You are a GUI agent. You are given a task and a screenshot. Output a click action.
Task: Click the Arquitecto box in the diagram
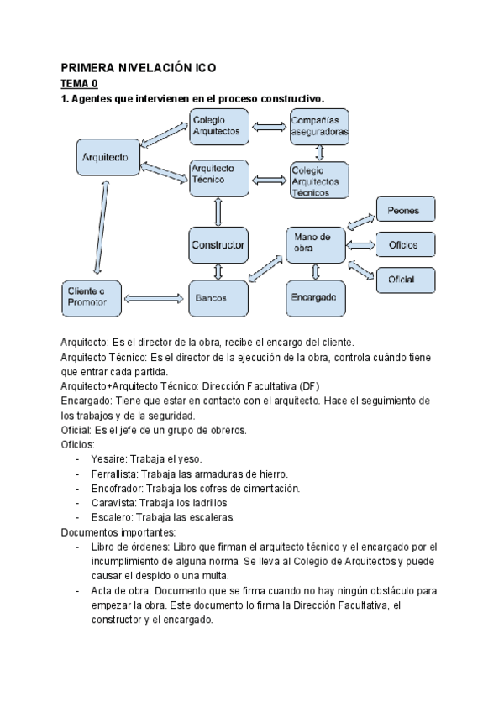click(105, 157)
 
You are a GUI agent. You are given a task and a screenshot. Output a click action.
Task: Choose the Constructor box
click(218, 245)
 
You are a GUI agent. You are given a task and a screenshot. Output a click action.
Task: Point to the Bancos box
click(218, 297)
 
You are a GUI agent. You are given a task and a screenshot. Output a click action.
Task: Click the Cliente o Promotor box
click(92, 297)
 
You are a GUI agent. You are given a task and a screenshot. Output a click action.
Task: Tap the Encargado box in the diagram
click(316, 297)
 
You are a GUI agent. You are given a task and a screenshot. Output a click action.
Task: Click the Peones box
click(405, 211)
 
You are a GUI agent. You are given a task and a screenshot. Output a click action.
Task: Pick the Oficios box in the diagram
click(405, 244)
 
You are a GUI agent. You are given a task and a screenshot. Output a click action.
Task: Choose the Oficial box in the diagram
click(405, 279)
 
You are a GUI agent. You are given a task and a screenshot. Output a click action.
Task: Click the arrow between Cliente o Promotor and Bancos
click(155, 297)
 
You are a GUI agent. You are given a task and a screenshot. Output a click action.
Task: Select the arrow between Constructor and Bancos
click(218, 271)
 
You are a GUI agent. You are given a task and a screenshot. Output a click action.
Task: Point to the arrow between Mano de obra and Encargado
click(316, 271)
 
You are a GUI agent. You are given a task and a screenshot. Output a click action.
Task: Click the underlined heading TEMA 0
click(79, 84)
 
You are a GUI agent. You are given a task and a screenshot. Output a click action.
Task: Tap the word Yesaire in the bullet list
click(107, 458)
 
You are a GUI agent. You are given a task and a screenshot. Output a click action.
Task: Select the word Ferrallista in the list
click(114, 474)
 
